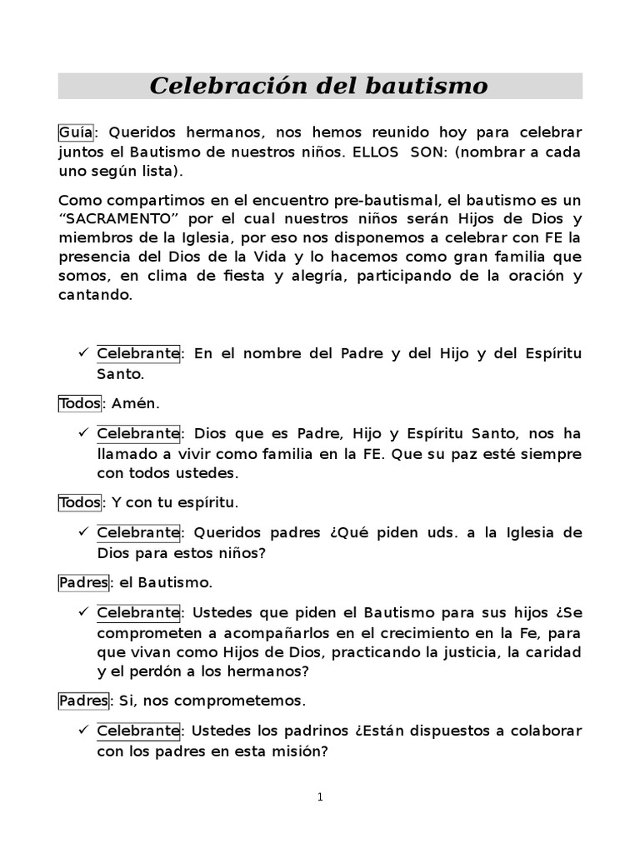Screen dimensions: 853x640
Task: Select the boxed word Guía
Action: pos(75,133)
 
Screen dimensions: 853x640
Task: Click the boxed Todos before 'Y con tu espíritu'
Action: pos(79,502)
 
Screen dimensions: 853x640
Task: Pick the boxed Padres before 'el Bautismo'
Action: pos(83,582)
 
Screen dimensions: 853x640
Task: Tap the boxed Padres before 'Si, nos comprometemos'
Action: pos(83,701)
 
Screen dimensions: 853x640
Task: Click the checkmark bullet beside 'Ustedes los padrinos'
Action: pos(83,731)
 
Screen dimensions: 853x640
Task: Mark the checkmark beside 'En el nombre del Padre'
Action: pos(83,353)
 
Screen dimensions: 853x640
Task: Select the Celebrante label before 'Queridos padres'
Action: pos(138,532)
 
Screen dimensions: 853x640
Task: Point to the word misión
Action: pos(303,750)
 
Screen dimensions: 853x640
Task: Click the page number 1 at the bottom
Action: pos(320,797)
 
